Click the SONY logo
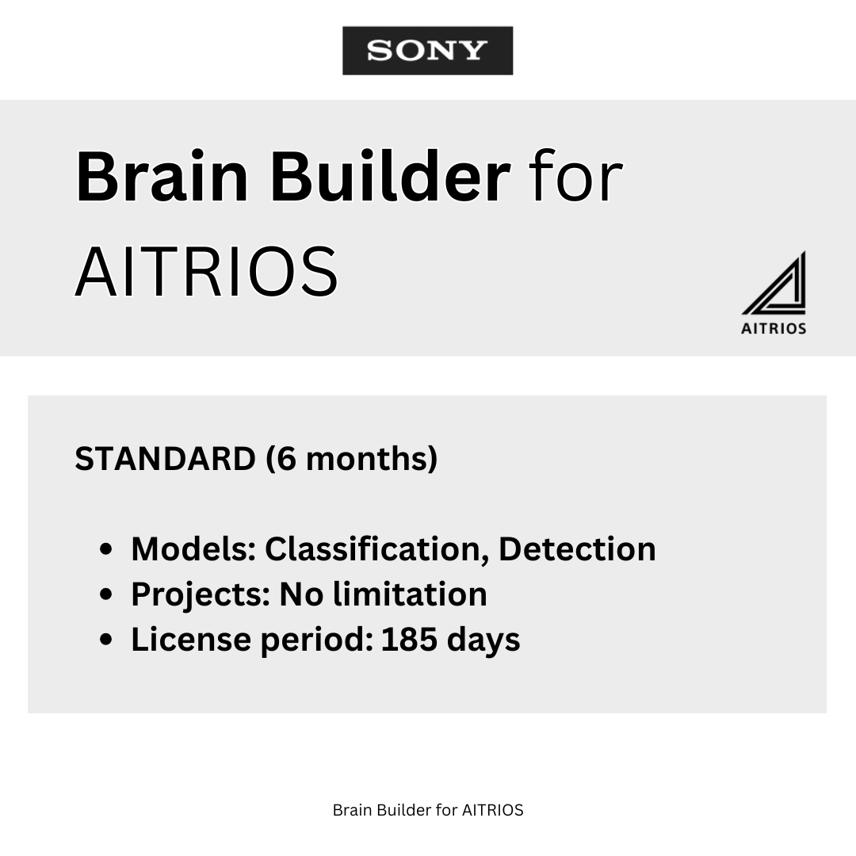click(427, 51)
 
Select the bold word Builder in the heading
click(389, 178)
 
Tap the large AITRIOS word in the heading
click(207, 271)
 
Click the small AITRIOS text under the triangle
click(774, 328)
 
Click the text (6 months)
click(352, 459)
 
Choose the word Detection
click(577, 549)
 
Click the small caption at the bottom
click(428, 810)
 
